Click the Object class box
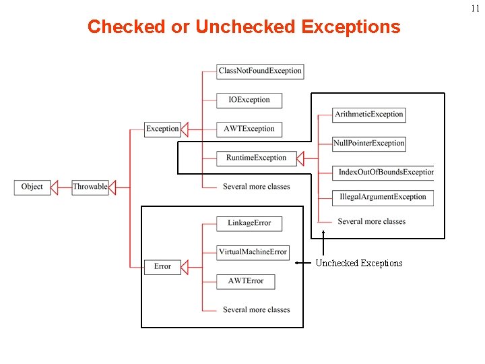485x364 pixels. point(32,187)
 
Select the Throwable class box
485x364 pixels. point(90,187)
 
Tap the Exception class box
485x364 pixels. point(162,129)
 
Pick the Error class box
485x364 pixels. point(162,266)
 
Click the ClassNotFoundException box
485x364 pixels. point(260,71)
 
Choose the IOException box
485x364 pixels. point(249,100)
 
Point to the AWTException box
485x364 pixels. point(249,129)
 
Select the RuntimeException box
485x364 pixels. point(256,158)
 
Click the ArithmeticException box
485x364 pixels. point(369,114)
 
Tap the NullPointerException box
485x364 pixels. point(369,143)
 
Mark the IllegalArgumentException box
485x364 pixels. point(383,197)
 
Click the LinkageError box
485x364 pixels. point(249,223)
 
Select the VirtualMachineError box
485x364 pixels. point(253,252)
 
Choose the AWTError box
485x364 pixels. point(246,281)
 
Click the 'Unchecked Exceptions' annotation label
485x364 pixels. point(359,264)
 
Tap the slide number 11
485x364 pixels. point(475,8)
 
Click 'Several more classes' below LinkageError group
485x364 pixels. point(256,310)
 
